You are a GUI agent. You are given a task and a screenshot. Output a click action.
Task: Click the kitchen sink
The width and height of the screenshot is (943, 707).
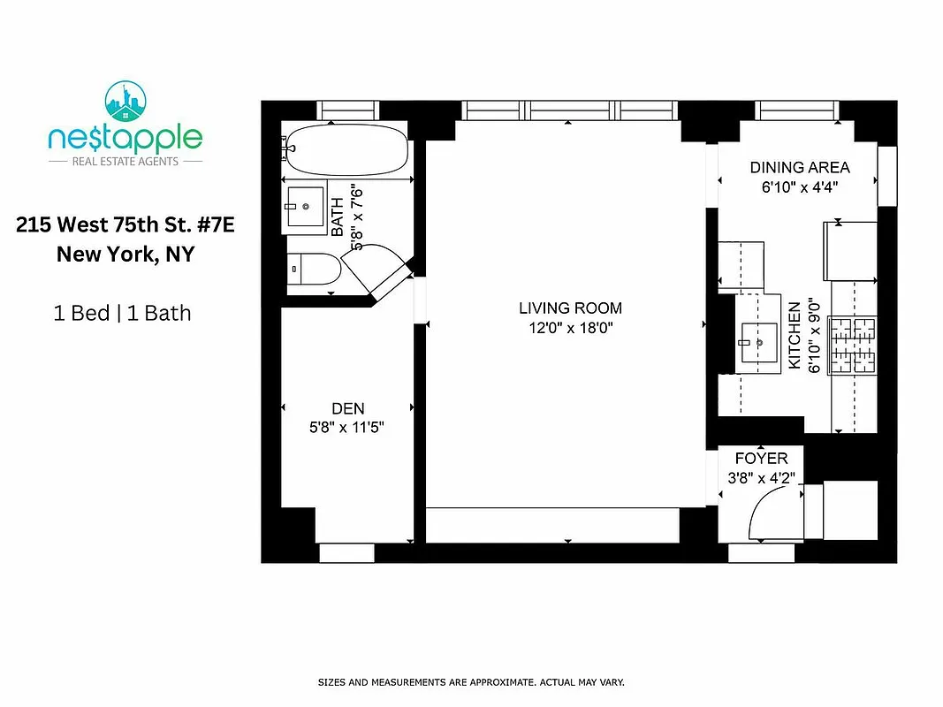pos(757,342)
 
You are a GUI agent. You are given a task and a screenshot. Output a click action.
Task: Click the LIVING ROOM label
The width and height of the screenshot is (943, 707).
pos(570,308)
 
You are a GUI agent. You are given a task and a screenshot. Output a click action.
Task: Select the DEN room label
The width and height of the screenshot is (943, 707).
pos(347,408)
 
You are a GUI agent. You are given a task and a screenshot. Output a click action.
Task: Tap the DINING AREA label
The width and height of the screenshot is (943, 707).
pos(799,168)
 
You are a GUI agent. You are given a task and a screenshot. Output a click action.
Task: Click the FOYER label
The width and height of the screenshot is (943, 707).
pos(761,460)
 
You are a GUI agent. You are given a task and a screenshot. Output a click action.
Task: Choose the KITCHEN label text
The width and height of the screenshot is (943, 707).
pos(795,336)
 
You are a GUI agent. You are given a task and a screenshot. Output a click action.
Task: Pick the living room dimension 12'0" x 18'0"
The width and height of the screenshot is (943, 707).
pos(570,328)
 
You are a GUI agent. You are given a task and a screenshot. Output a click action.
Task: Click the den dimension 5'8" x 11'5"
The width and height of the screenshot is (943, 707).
pos(347,427)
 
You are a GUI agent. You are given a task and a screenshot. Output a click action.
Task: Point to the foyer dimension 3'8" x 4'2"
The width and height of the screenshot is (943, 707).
pos(761,478)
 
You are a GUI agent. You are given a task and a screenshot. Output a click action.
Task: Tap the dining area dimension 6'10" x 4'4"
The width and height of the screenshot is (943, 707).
pos(799,187)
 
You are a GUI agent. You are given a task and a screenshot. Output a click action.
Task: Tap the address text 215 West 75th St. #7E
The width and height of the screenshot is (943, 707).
pos(125,225)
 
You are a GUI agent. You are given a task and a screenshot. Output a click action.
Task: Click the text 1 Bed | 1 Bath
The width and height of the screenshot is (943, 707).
pos(123,313)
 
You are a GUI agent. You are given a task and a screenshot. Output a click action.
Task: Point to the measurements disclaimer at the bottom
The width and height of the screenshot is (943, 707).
pos(471,682)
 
